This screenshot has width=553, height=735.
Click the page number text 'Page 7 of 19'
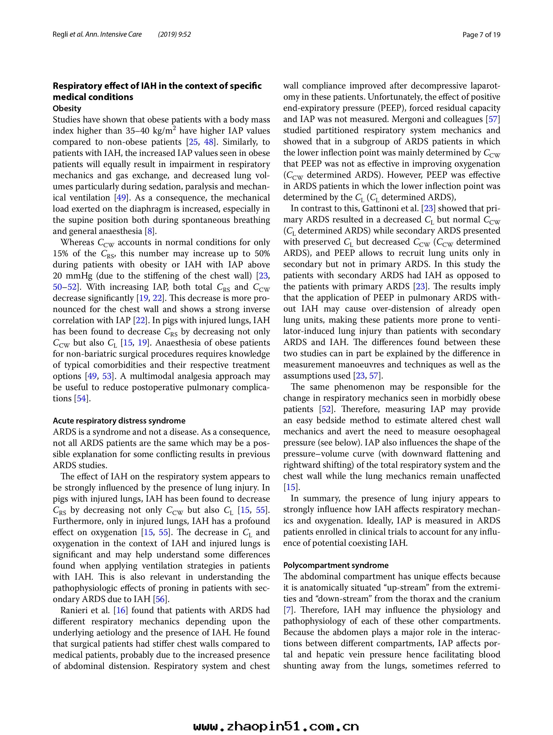click(481, 35)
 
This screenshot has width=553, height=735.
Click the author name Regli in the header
click(61, 35)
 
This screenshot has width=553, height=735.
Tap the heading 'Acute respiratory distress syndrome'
click(119, 421)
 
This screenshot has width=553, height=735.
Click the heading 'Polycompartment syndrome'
click(336, 565)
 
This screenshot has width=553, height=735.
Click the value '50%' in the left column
click(262, 253)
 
